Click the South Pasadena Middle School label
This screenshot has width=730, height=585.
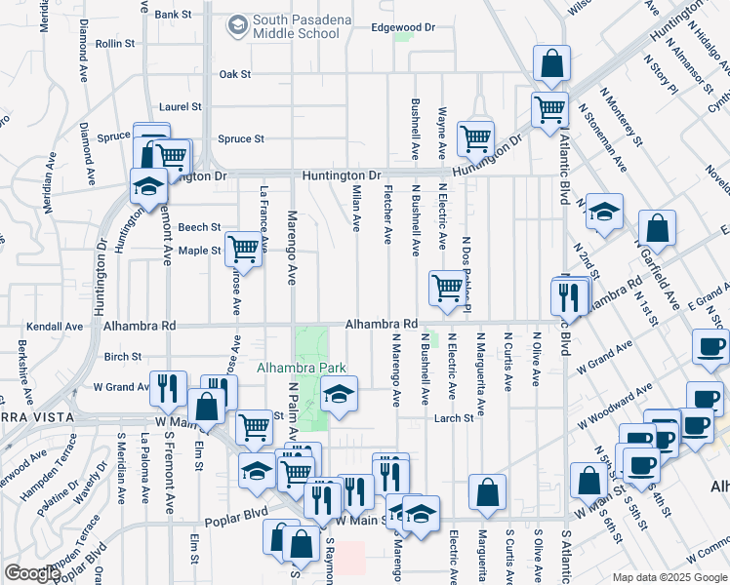click(295, 26)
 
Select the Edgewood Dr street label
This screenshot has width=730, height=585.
click(402, 27)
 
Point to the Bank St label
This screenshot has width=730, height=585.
click(173, 15)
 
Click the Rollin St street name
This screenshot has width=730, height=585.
click(114, 44)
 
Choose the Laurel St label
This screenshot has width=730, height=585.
click(181, 106)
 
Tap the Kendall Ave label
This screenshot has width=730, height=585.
click(53, 326)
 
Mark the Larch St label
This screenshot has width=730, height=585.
click(454, 418)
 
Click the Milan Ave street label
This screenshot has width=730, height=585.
click(357, 209)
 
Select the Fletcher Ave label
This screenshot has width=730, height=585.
click(388, 214)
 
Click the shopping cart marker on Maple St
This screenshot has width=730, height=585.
click(243, 249)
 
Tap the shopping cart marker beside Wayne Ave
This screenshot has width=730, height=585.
click(474, 137)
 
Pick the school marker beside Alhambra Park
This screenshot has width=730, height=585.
click(339, 394)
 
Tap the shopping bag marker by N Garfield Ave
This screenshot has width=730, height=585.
click(659, 229)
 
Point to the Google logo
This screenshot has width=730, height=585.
click(32, 573)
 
